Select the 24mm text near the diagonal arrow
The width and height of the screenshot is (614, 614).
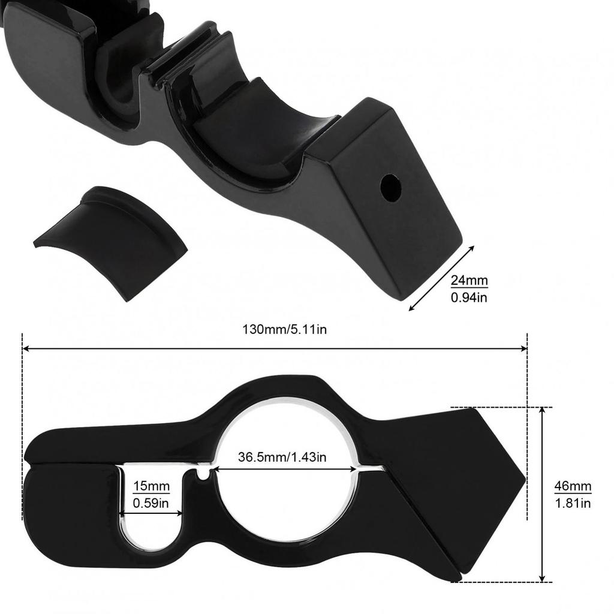[x=469, y=281]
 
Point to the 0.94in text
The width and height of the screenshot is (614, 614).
[x=469, y=296]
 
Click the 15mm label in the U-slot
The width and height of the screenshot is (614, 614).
[x=151, y=486]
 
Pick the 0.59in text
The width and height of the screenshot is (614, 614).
[x=151, y=504]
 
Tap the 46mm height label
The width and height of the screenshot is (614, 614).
[x=572, y=486]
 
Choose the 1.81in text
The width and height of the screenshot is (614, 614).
[x=572, y=503]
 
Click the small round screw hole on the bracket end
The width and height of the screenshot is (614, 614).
[x=390, y=186]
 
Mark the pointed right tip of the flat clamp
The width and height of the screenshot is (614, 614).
[x=523, y=480]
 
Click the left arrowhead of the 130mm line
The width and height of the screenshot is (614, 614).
[x=25, y=348]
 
